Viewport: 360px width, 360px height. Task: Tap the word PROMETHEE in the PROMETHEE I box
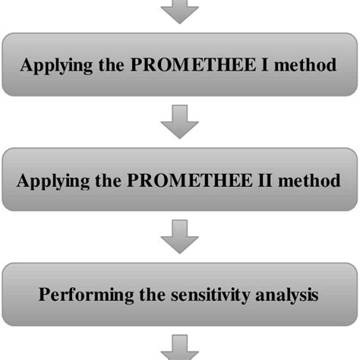tap(174, 65)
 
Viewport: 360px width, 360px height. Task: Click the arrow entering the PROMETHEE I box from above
tap(180, 11)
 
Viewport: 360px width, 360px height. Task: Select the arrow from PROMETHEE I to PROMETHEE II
tap(180, 122)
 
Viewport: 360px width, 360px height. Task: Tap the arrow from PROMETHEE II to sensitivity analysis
tap(180, 237)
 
